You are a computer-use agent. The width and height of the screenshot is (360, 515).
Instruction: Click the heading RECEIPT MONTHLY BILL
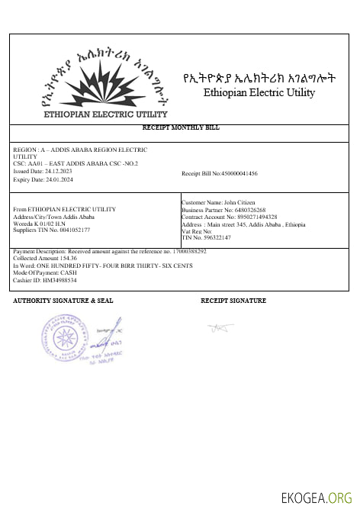181,127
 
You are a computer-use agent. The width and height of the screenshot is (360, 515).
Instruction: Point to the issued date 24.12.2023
52,171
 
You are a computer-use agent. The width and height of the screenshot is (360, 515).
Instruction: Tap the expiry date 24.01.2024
53,178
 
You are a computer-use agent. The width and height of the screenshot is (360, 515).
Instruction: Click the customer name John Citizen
235,201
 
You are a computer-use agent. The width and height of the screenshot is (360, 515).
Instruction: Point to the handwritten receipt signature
219,328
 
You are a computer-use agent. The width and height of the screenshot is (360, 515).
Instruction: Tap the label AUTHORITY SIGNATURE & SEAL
63,301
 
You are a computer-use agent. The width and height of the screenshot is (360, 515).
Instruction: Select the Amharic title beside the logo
259,77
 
